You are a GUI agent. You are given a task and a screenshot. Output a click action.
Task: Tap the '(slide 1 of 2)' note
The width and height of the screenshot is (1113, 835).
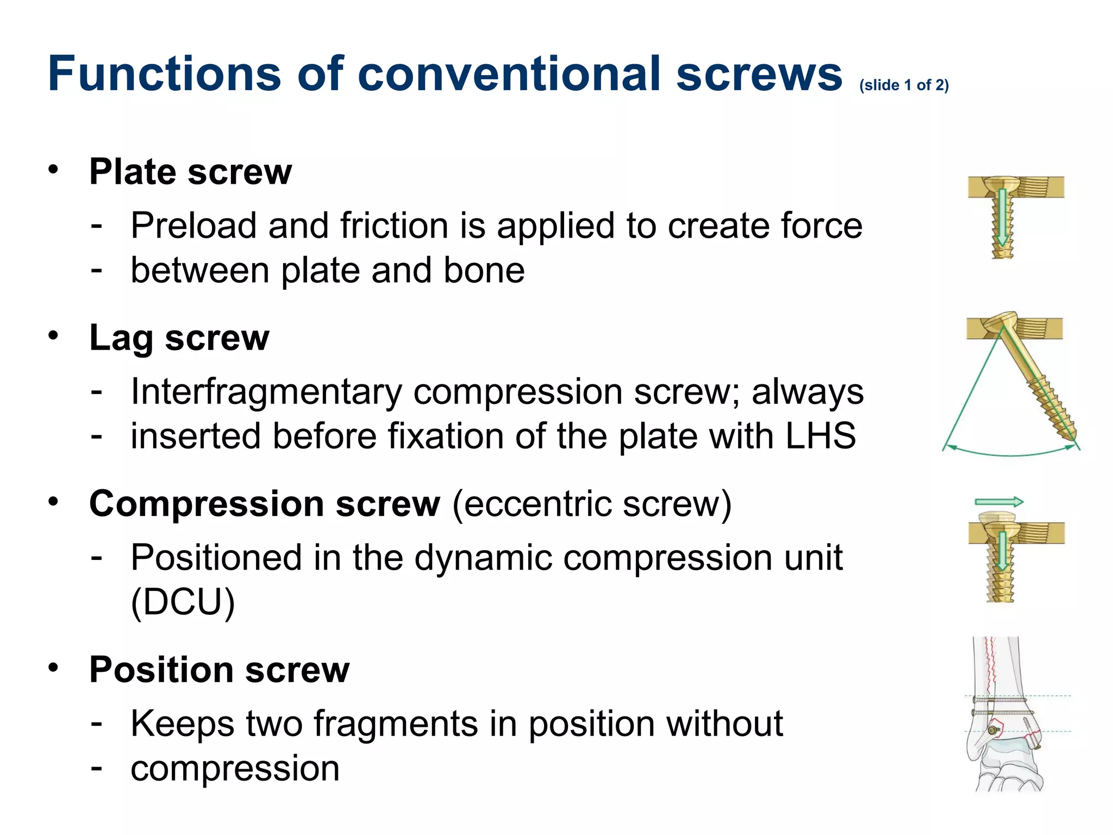(904, 85)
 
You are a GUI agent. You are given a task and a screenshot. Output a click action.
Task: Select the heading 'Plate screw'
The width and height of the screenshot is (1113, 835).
(190, 172)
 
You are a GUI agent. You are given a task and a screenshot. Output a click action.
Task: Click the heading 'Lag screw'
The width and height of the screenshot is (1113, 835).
(179, 338)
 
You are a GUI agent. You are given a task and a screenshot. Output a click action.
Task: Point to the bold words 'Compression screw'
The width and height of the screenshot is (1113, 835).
(265, 504)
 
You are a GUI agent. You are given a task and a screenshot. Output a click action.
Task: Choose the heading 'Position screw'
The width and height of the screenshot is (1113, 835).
(219, 670)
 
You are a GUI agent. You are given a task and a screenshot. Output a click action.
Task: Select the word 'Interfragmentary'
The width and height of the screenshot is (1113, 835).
(267, 392)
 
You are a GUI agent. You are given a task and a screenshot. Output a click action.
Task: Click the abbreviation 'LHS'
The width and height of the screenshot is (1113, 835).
(821, 436)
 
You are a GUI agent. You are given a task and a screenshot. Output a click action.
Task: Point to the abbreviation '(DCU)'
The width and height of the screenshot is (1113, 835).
(183, 602)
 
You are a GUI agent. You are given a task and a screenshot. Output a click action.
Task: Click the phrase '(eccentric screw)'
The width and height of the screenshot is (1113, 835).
(592, 504)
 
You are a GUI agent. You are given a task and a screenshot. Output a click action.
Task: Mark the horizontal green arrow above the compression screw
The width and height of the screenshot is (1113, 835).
(998, 502)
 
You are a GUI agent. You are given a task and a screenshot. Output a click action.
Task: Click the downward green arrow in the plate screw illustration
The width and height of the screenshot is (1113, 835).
(1002, 217)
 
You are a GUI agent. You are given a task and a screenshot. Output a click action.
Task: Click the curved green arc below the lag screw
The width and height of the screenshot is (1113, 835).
(1011, 453)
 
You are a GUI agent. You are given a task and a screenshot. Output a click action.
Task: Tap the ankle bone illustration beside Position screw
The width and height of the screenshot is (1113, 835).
(1005, 718)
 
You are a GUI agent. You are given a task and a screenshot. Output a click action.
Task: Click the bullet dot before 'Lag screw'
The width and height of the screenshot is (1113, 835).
(53, 335)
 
